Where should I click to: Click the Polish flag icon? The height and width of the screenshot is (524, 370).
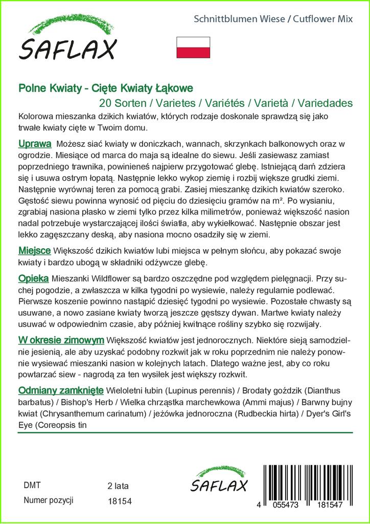[193, 47]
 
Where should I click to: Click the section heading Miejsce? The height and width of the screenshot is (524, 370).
[34, 251]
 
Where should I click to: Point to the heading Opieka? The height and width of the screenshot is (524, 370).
[33, 278]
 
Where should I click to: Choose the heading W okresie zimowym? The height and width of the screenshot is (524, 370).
[61, 340]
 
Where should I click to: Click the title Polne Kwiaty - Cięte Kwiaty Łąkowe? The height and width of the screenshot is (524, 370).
[106, 88]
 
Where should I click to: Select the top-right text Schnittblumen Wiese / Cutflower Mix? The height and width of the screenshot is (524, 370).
[273, 19]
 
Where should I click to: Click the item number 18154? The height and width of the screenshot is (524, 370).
[120, 501]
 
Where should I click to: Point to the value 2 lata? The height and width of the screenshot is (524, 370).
[119, 485]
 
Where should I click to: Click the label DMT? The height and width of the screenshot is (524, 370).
[32, 485]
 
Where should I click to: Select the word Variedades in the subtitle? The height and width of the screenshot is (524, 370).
[325, 103]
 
